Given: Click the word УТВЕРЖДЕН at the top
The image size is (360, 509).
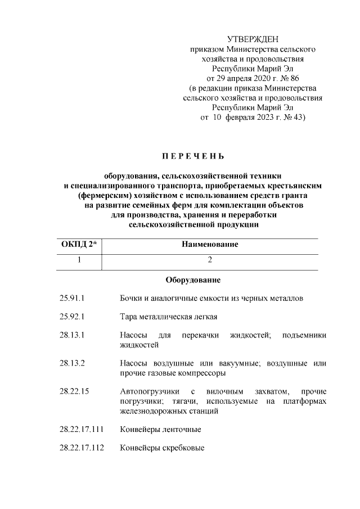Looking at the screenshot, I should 253,39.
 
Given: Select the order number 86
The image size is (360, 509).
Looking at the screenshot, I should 292,78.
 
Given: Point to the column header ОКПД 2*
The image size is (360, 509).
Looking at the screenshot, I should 78,244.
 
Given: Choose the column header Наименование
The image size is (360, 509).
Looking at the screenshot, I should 209,244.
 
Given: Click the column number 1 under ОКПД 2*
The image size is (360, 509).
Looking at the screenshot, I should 79,260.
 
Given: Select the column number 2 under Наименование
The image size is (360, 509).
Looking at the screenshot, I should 209,260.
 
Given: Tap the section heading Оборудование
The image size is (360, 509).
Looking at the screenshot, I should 193,280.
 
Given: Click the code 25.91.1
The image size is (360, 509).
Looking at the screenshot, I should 71,298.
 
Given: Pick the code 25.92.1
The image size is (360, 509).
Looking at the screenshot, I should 71,316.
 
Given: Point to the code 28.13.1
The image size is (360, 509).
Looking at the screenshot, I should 71,335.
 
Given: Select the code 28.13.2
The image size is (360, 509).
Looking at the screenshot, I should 71,363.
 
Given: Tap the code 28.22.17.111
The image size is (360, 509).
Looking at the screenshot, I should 81,429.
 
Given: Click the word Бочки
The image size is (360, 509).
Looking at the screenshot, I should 132,298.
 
